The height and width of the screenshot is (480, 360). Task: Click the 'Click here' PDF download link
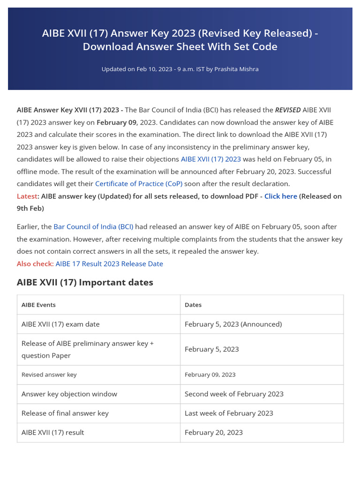pos(280,196)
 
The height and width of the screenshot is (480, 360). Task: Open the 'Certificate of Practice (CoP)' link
pos(138,184)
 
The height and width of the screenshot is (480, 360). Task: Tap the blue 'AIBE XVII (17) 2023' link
pos(210,159)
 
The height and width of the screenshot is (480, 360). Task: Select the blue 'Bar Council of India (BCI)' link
pos(93,227)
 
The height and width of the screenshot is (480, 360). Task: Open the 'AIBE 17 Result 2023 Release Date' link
pos(109,264)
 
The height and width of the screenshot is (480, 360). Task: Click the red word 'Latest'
pos(27,196)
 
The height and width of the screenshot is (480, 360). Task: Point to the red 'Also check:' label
pos(35,264)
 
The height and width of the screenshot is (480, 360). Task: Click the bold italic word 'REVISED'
pos(287,110)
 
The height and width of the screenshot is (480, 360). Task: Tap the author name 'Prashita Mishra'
pos(236,69)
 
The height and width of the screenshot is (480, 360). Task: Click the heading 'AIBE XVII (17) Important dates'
pos(85,282)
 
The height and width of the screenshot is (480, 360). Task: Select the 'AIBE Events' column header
pos(38,305)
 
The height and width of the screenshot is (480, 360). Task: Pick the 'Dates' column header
pos(193,305)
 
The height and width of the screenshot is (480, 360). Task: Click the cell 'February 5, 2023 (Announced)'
pos(233,324)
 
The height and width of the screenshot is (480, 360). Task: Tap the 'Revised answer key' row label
pos(49,375)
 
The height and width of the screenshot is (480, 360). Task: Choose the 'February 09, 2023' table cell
pos(210,375)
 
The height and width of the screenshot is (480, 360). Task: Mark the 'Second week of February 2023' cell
pos(234,394)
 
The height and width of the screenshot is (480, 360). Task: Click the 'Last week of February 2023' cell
pos(229,413)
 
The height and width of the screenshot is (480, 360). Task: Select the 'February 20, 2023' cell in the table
pos(213,433)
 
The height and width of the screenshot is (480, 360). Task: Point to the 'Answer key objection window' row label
pos(69,394)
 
